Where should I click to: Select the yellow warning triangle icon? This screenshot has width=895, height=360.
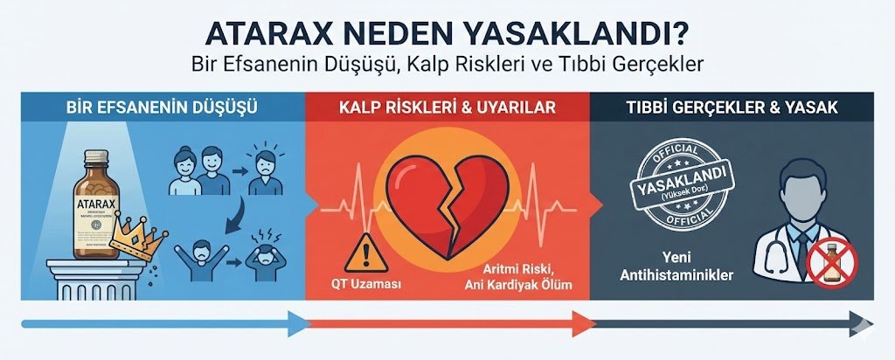point(361,253)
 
